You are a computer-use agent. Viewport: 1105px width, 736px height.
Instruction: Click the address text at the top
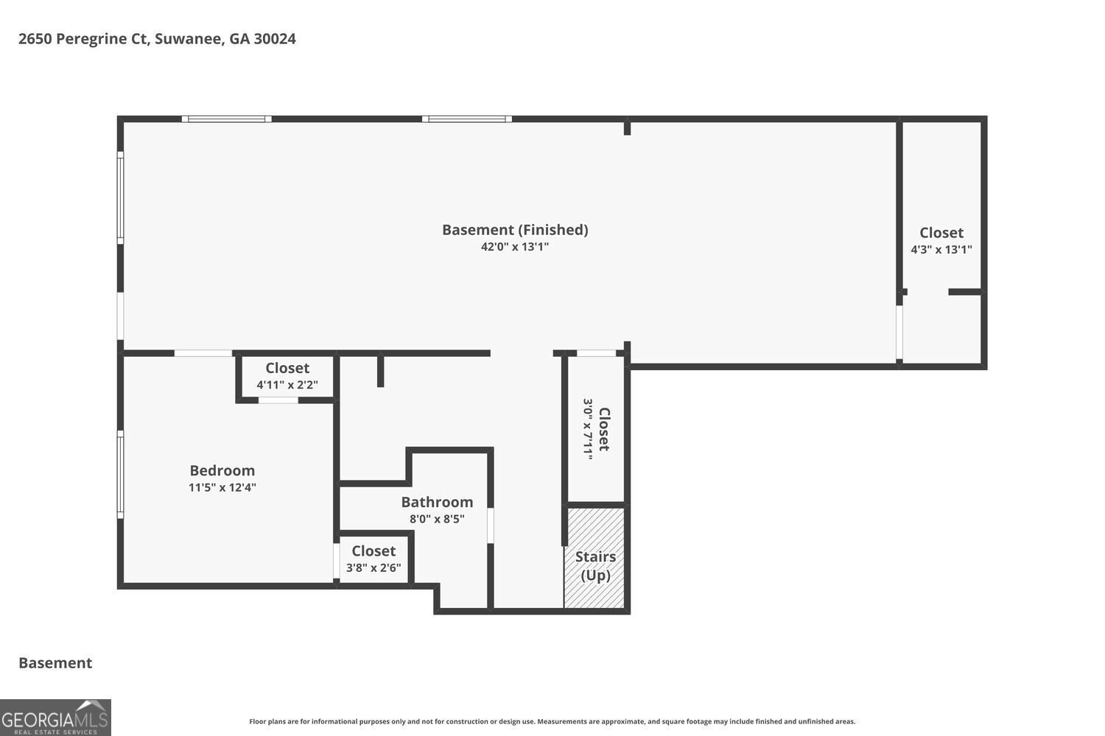(x=157, y=39)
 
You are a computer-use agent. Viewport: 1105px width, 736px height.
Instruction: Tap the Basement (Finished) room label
(x=515, y=230)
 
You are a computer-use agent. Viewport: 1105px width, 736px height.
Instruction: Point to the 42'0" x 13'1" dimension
(x=515, y=247)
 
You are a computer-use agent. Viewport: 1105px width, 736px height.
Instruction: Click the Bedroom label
(x=222, y=471)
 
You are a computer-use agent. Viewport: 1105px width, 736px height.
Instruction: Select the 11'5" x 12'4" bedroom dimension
(x=222, y=487)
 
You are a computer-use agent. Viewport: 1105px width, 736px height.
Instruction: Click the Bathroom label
(x=437, y=503)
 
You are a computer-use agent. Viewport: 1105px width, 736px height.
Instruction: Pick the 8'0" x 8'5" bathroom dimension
(x=437, y=519)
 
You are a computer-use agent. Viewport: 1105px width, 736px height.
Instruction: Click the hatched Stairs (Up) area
(x=594, y=558)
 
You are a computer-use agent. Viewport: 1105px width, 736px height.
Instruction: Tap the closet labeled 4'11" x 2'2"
(x=287, y=375)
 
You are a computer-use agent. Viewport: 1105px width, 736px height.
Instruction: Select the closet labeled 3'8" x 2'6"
(x=373, y=559)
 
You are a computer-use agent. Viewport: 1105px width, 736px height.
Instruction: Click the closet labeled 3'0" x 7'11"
(x=596, y=429)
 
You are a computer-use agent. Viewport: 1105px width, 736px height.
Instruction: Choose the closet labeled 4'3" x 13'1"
(x=941, y=241)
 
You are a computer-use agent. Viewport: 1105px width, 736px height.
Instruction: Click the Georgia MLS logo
(x=55, y=718)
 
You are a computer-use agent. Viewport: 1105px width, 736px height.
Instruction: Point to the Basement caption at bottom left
(x=55, y=663)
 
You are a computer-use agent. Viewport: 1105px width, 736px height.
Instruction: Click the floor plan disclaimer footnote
(x=552, y=721)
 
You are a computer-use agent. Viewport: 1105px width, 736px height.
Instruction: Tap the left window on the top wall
(x=226, y=118)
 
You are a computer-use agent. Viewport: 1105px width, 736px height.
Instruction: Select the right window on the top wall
(x=466, y=118)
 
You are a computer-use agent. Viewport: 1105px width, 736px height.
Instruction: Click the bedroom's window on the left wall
(x=120, y=474)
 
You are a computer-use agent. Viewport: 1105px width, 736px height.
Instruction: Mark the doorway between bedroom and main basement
(x=203, y=353)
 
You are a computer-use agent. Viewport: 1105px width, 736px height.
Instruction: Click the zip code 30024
(x=275, y=39)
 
